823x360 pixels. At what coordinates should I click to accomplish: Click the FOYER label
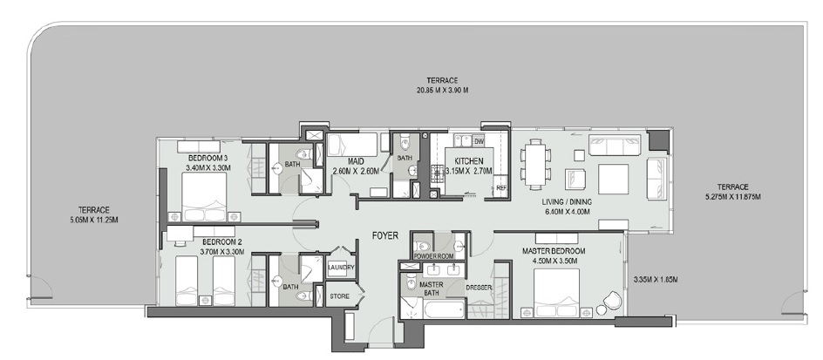[384, 234]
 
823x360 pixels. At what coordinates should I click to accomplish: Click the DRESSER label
[480, 287]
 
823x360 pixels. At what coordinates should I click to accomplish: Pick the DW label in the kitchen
[479, 141]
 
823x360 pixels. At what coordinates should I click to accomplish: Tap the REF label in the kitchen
[500, 187]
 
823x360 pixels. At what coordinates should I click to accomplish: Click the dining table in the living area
[535, 165]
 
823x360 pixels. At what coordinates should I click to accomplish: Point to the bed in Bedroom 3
[202, 196]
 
